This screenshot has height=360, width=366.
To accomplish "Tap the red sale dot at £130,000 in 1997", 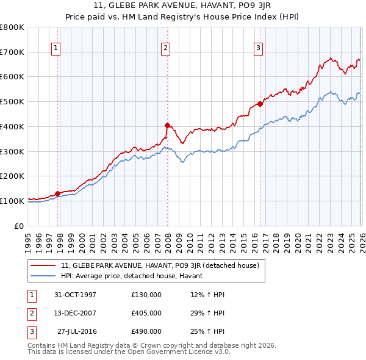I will click(58, 193).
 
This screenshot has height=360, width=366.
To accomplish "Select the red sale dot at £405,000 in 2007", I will click(167, 125).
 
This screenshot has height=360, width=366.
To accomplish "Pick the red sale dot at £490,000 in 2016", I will click(260, 104).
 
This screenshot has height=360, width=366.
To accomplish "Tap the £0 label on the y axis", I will click(18, 226).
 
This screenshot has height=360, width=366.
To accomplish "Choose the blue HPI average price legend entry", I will click(135, 276).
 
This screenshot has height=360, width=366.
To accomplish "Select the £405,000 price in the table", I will click(146, 313).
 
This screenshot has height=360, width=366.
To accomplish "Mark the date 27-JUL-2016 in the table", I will click(76, 331).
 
